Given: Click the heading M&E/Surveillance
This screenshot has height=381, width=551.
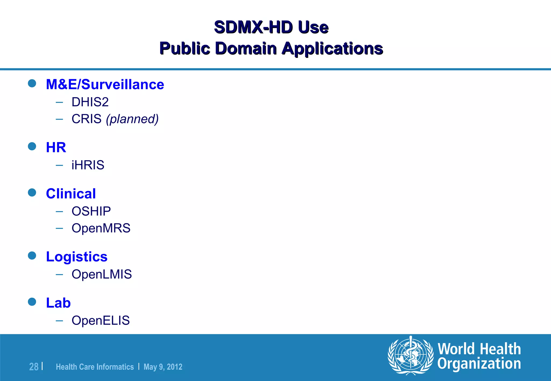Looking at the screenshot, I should coord(105,84).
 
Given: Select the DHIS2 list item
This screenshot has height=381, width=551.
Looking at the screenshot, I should coord(90,102).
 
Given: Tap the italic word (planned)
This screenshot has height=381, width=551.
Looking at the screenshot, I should coord(132,119).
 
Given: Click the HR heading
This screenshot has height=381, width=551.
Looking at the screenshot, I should coord(56,147).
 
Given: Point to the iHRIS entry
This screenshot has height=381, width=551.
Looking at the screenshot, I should coord(88,165).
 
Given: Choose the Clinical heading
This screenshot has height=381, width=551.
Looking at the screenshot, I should coord(71,193).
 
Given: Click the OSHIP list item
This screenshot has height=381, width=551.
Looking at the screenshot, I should coord(91,211).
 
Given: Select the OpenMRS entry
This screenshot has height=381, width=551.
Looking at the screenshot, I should coord(101,228).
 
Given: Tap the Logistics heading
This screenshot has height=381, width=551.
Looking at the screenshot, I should coord(77,257).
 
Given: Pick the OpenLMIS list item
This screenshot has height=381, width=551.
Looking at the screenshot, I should coord(101,274).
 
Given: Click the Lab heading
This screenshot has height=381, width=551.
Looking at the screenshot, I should coord(58,303).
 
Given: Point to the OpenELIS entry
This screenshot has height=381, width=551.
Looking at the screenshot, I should coord(101,321).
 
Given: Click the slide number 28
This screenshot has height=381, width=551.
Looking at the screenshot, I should coord(34,367).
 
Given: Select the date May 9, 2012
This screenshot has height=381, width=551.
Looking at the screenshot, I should coord(163,367).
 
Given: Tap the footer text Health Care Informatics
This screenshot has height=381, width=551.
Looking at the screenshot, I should coord(95,367).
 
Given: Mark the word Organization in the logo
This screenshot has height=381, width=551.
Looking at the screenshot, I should coord(479,364).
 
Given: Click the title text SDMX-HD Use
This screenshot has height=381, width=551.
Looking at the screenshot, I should coord(271,27).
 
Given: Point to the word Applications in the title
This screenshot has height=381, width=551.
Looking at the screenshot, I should coord(332,49).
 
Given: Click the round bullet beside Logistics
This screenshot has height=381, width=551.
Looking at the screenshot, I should coord(32,256).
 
